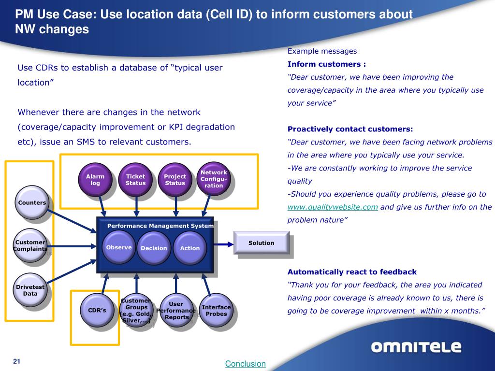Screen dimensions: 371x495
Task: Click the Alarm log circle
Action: click(95, 180)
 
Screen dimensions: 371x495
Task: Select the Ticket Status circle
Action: click(135, 180)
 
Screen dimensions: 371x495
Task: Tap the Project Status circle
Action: click(175, 180)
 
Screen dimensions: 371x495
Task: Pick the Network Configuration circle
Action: click(214, 179)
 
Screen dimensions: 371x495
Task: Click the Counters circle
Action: click(32, 203)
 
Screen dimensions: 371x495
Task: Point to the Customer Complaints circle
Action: click(30, 245)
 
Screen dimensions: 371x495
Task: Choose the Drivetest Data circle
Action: click(30, 290)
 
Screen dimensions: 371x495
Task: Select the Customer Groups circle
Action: click(136, 310)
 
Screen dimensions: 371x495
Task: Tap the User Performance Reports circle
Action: click(176, 310)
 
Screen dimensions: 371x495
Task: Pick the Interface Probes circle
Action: click(216, 310)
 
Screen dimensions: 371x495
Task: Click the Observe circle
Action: click(119, 247)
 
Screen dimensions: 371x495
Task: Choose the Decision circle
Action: click(154, 248)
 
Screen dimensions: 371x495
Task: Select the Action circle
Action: click(190, 248)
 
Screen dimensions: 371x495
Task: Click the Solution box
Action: click(261, 243)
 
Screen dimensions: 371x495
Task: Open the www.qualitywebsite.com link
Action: click(333, 207)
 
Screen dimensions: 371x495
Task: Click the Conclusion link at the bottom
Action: click(246, 364)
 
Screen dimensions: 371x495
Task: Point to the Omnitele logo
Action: click(416, 347)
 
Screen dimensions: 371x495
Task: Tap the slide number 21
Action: click(17, 362)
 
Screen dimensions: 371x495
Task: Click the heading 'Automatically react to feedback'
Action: click(352, 271)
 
